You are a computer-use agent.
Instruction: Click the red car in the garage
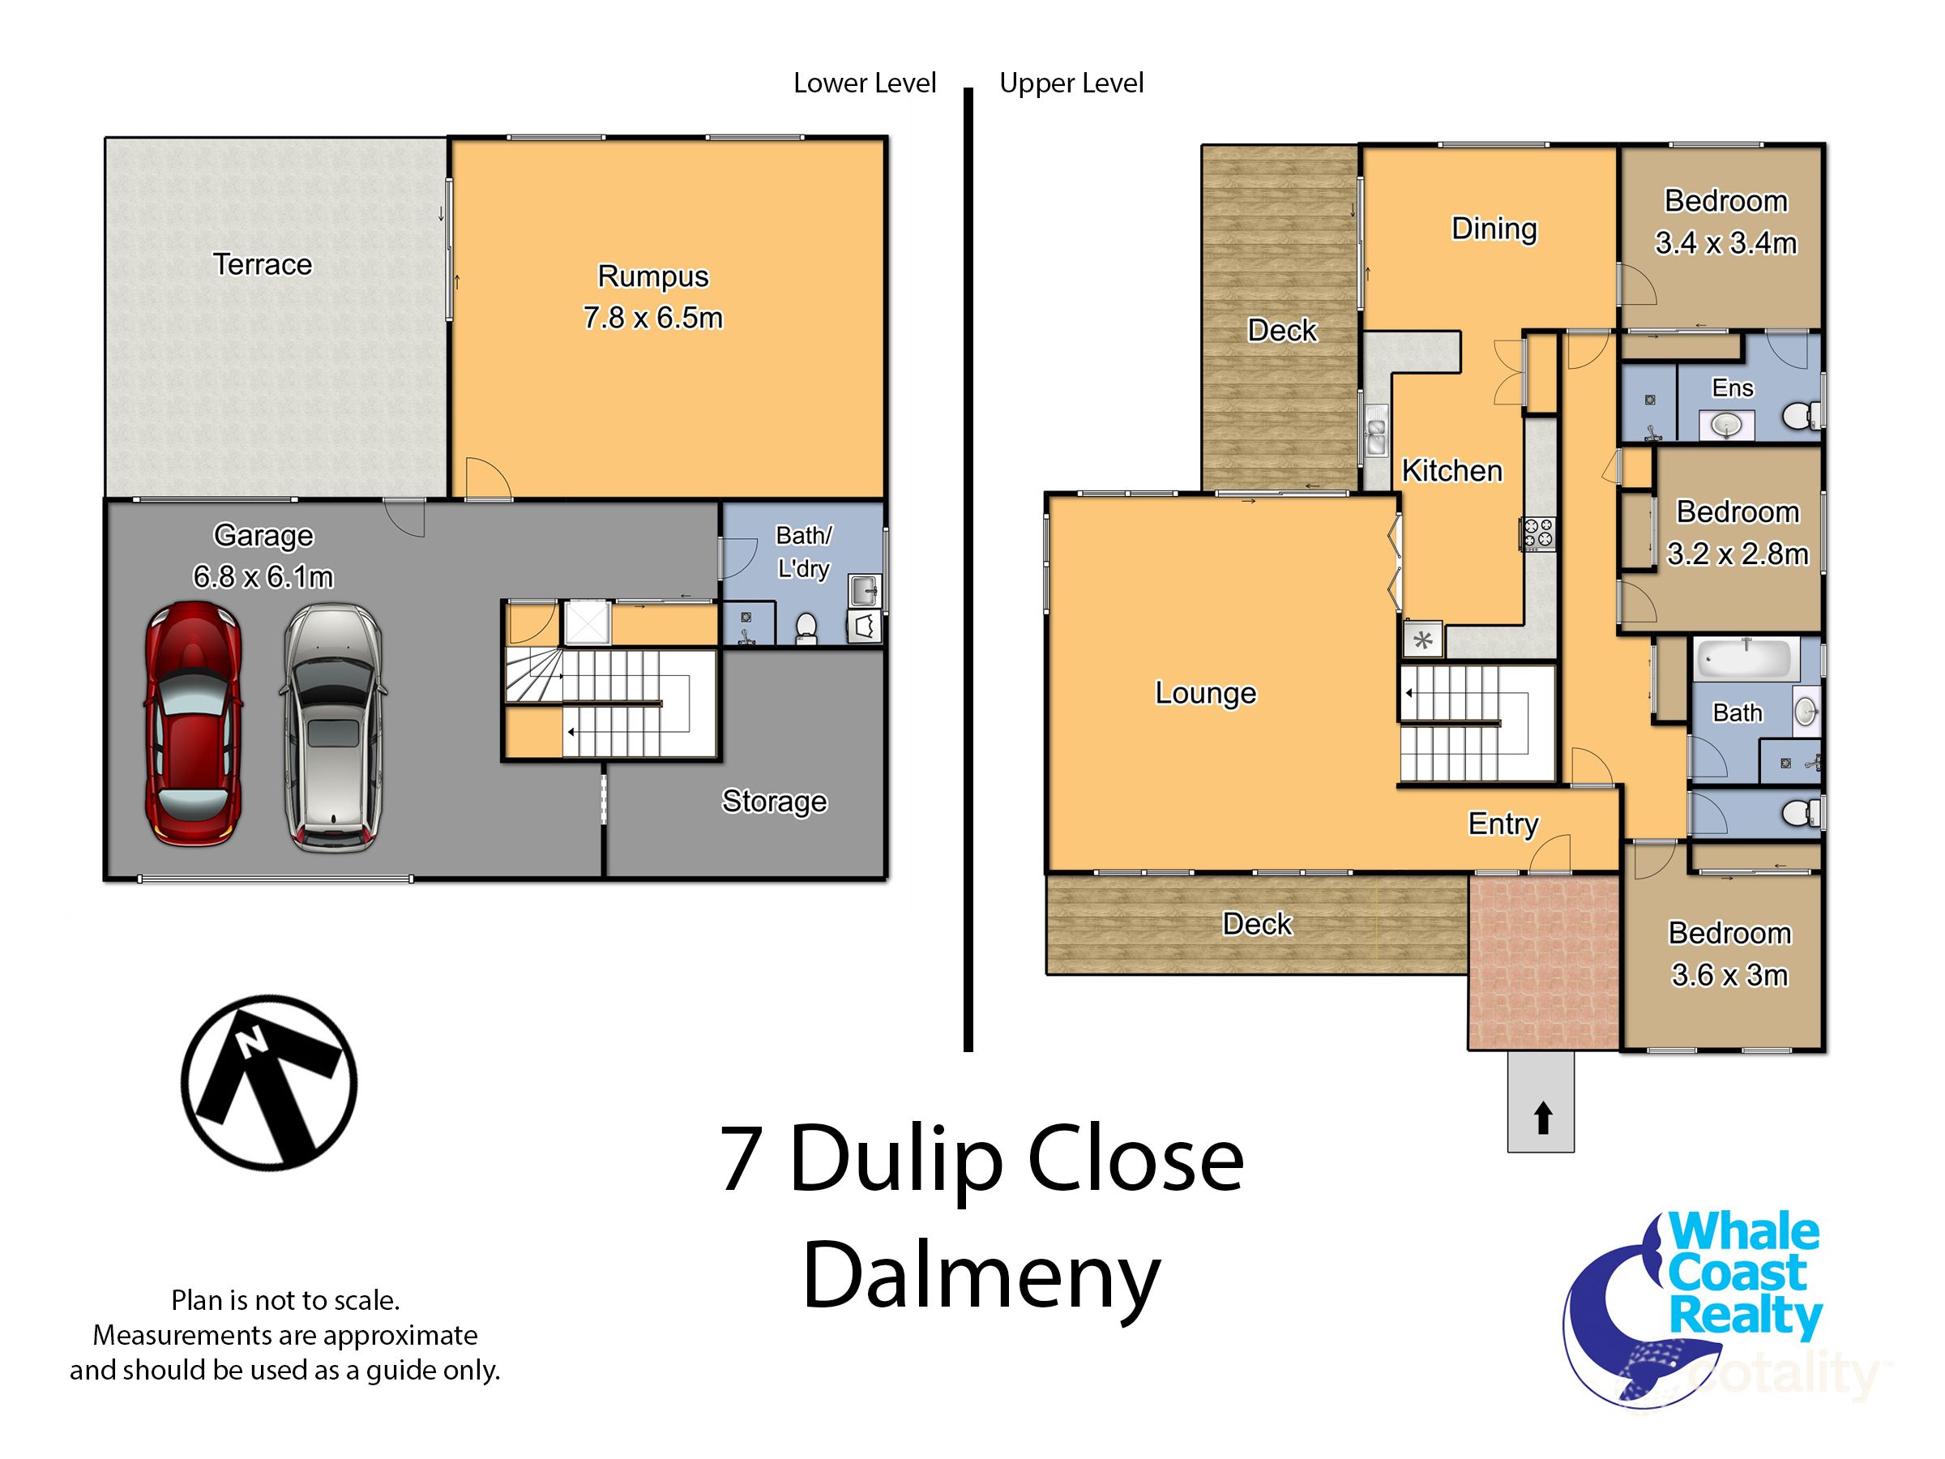tap(194, 724)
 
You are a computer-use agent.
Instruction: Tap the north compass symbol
tap(269, 1082)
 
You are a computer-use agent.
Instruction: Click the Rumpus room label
tap(652, 276)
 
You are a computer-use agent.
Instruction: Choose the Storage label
tap(774, 800)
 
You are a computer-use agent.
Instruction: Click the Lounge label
tap(1206, 692)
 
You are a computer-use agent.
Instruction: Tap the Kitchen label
tap(1451, 470)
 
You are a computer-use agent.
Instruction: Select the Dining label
tap(1494, 229)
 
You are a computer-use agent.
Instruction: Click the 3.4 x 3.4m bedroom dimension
tap(1725, 242)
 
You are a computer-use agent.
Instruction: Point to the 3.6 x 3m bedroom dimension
tap(1729, 974)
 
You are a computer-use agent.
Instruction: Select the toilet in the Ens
tap(1799, 415)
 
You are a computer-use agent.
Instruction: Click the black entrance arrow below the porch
tap(1542, 1119)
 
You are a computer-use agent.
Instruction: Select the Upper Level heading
tap(1071, 83)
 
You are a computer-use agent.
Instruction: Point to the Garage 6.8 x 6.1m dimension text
tap(263, 576)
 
